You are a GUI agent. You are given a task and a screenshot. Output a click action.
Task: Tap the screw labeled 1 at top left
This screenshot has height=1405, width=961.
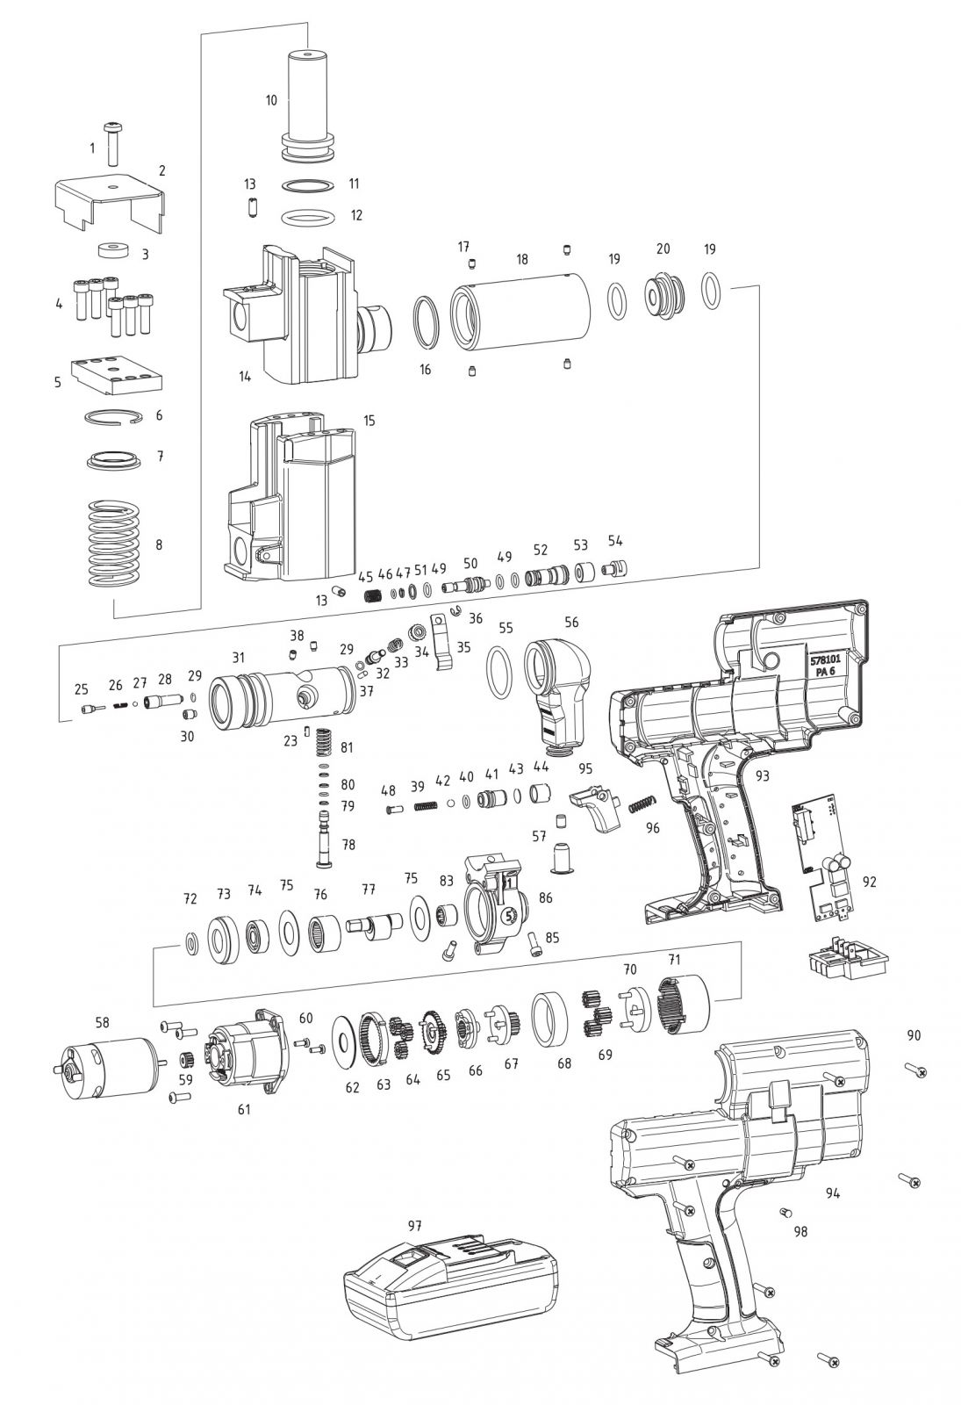pos(111,145)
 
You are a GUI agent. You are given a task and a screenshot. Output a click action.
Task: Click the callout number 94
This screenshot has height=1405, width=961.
pos(833,1192)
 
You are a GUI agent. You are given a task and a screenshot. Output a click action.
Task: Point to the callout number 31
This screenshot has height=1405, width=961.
pos(238,657)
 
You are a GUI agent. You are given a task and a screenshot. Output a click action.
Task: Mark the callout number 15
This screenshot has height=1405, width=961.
pos(369,421)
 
